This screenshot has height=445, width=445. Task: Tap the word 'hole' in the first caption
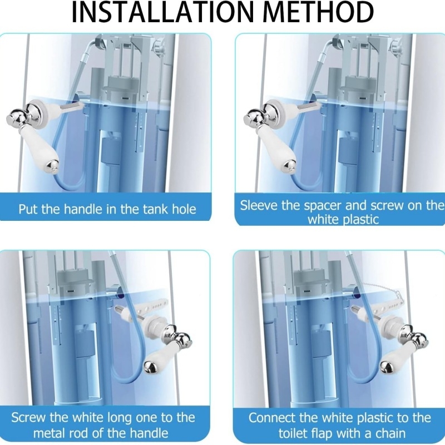[184, 209]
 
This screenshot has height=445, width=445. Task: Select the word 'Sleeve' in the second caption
[259, 205]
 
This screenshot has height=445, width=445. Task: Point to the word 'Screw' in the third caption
[28, 418]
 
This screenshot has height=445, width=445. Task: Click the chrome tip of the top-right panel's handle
[289, 166]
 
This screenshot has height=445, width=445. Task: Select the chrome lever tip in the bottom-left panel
[150, 366]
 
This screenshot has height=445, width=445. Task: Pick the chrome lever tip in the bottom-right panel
[387, 367]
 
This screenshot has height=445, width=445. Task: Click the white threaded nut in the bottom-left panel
[156, 327]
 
